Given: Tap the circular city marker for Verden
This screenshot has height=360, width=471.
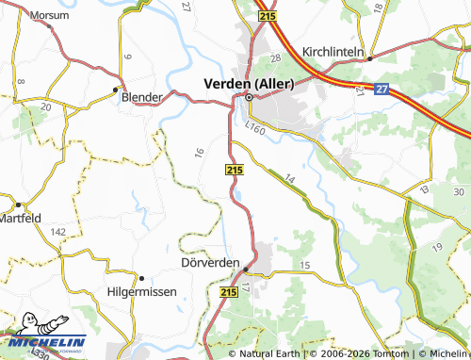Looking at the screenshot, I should point(249,97).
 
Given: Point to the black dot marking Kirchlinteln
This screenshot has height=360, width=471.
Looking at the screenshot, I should point(370,57).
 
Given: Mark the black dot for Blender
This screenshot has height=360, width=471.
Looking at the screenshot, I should point(117,90).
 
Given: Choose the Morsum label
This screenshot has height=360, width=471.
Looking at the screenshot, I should point(48,16).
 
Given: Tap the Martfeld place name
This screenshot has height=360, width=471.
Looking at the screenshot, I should point(21,220).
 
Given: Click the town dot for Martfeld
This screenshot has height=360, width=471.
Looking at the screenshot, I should point(17,204).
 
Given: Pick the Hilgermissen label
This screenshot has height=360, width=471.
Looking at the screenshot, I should point(141,292).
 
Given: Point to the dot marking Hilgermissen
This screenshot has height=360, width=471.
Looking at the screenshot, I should point(140,278).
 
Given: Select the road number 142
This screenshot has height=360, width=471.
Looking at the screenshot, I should point(57,231).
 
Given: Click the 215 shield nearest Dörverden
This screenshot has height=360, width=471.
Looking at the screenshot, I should point(228,293).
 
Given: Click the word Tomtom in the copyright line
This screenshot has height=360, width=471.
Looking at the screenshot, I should point(392,353).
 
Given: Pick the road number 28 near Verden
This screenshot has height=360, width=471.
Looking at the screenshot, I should point(275,60).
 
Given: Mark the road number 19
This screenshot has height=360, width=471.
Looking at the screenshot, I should point(437,246).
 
